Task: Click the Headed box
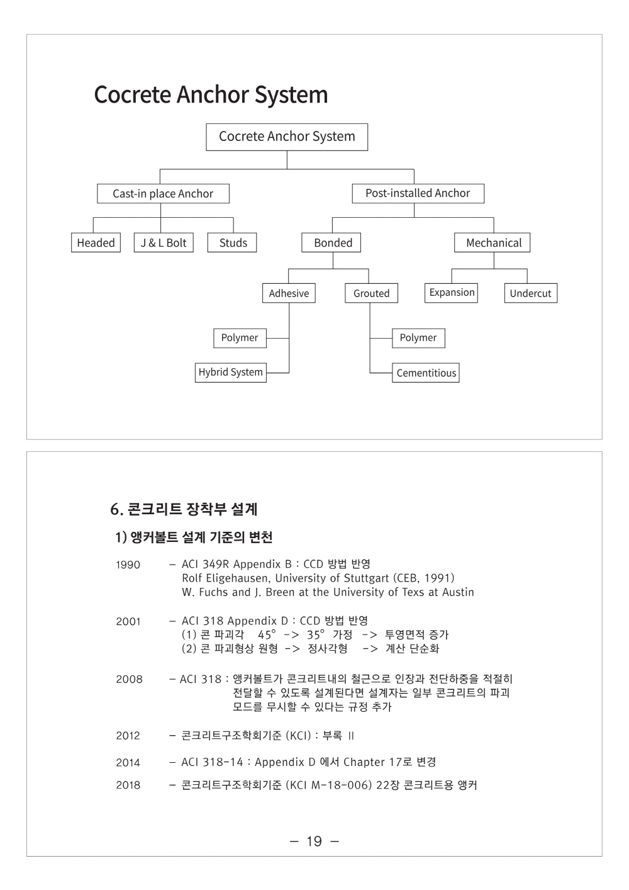point(96,242)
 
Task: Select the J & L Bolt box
point(164,242)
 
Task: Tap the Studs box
point(232,242)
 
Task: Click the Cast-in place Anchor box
point(163,193)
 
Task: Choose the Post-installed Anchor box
point(418,193)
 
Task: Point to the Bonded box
point(331,242)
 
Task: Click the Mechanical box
point(492,242)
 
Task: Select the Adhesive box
point(289,293)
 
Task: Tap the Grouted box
point(371,293)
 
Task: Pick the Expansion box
point(451,293)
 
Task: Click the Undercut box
point(531,293)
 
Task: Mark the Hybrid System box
point(231,373)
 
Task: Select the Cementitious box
point(426,373)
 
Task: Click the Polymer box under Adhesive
point(240,338)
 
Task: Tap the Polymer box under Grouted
point(418,338)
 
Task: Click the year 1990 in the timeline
point(128,565)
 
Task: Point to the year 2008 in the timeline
point(129,679)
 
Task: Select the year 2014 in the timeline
point(128,762)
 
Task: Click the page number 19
point(314,841)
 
